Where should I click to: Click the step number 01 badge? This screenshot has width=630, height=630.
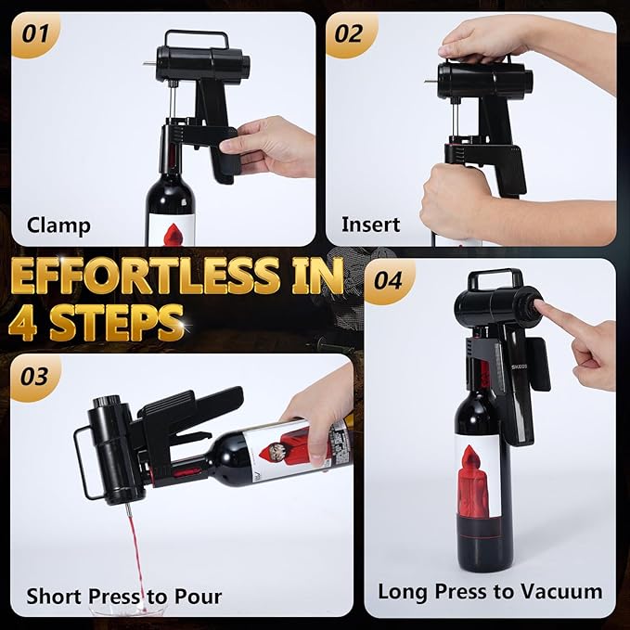point(35,33)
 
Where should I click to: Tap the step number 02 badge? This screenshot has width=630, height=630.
point(349,33)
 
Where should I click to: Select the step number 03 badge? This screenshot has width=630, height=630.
point(34,377)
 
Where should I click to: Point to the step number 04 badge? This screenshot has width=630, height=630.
point(388,280)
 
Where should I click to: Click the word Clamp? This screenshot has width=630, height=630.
point(58,225)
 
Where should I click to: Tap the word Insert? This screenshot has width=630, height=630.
point(370,225)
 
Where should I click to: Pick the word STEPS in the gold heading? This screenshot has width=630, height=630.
point(117,322)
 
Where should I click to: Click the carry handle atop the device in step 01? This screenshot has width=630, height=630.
point(197,38)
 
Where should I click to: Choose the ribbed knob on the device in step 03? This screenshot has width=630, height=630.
point(107,402)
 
